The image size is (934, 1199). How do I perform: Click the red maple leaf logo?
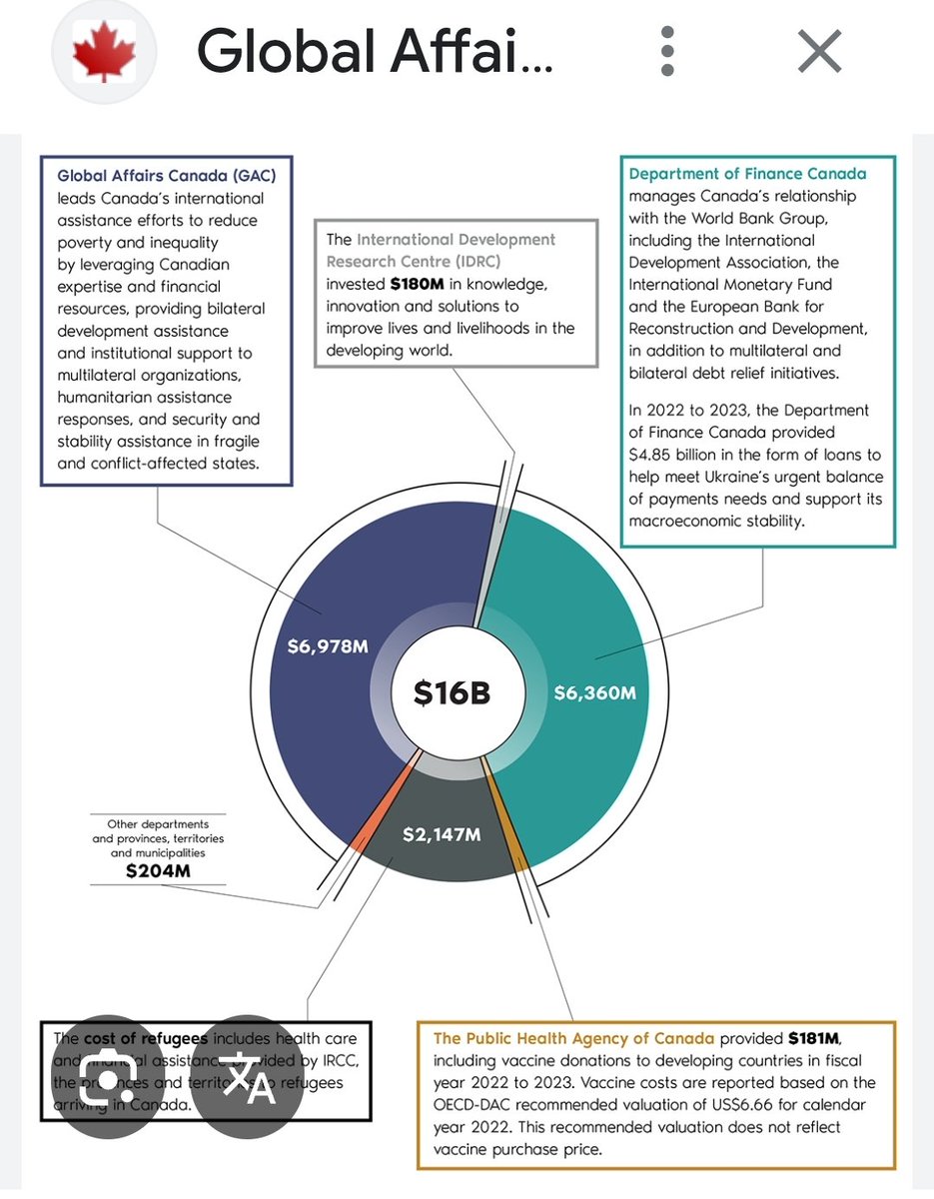[x=104, y=51]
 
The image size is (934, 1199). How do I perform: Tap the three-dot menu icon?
[x=668, y=51]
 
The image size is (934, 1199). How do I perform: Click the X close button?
[x=820, y=51]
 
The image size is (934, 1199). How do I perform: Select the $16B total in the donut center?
[x=453, y=692]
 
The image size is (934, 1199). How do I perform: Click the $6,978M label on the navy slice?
[x=328, y=646]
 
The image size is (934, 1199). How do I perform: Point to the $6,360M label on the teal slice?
[x=594, y=691]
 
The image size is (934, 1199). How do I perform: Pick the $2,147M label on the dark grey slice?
[x=443, y=834]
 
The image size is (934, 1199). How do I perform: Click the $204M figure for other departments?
[x=158, y=871]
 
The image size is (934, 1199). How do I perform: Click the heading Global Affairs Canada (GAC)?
[x=167, y=176]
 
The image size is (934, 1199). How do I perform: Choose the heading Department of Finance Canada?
[x=747, y=174]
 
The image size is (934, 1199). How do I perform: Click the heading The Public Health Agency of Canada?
[x=574, y=1038]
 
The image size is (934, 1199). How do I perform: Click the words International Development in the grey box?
[x=456, y=240]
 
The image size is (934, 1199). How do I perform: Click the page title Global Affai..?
[x=375, y=51]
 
